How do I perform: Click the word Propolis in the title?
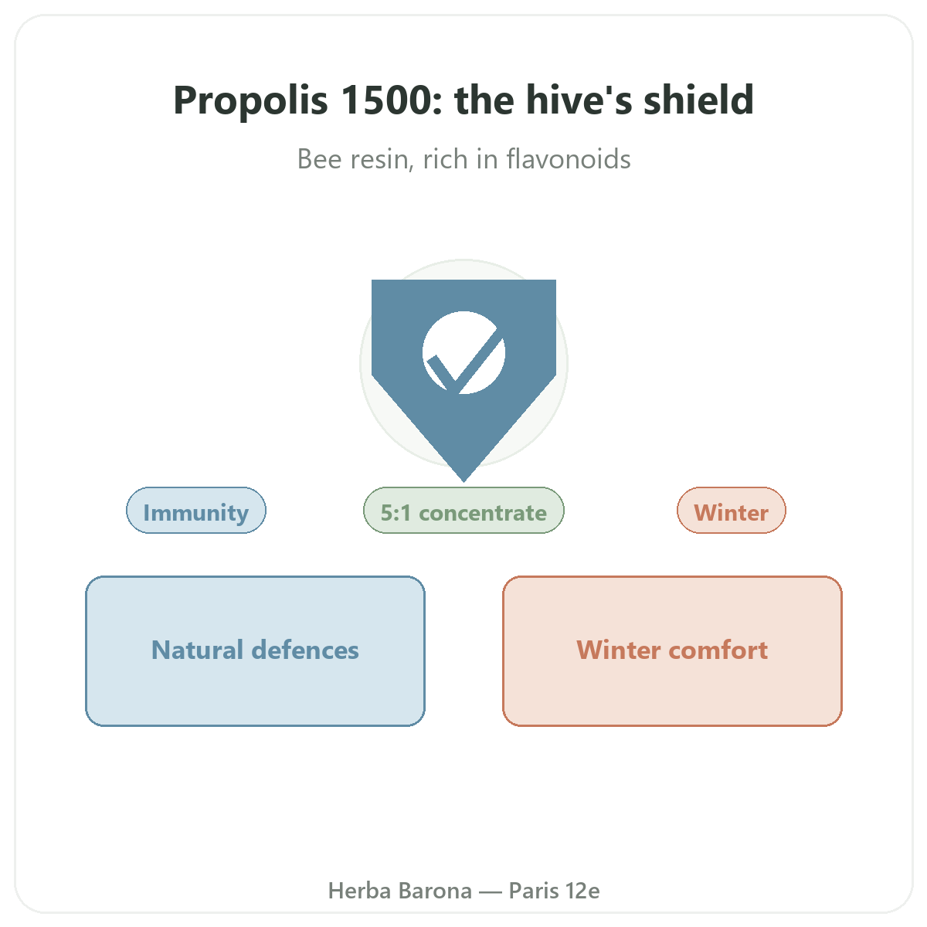(250, 100)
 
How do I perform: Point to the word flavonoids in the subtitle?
(568, 159)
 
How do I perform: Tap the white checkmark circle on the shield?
(463, 352)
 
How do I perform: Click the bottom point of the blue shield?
(463, 481)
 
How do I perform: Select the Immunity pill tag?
(195, 510)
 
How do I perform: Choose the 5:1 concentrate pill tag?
(463, 510)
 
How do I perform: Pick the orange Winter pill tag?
(732, 510)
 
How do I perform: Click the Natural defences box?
(255, 650)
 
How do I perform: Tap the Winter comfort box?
(672, 650)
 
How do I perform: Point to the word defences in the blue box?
(305, 650)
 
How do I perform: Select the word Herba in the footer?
(359, 891)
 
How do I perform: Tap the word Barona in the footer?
(435, 891)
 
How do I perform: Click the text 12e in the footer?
(582, 891)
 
